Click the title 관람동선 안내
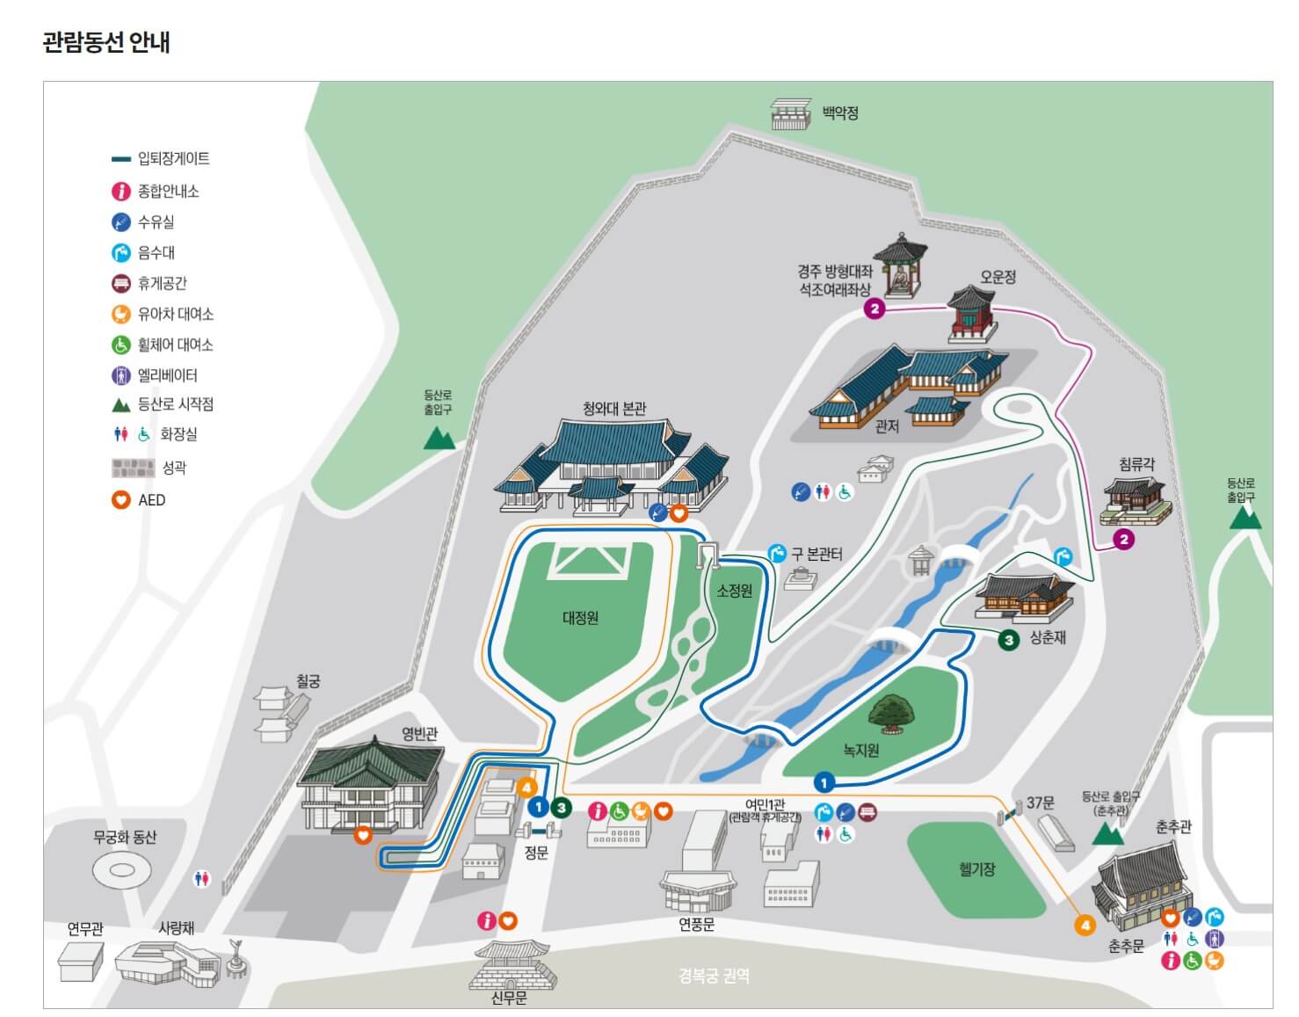tap(106, 42)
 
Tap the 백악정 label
tap(840, 113)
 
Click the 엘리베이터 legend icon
tap(121, 375)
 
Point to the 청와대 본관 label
tap(613, 409)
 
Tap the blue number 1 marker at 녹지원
tap(824, 781)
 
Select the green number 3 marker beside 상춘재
tap(1009, 639)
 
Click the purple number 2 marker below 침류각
tap(1123, 539)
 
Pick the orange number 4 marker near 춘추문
tap(1085, 925)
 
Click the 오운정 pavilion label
tap(998, 277)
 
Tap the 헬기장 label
tap(976, 869)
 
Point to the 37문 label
tap(1041, 803)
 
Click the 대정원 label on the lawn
tap(580, 618)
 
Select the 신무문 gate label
tap(509, 999)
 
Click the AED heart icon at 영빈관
tap(363, 835)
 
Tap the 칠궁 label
tap(308, 681)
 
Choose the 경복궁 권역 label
tap(714, 976)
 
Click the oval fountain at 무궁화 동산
tap(122, 870)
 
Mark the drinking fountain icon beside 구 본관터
tap(777, 553)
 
